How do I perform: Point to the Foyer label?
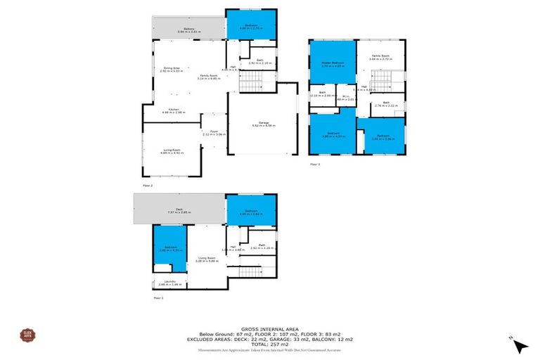coord(212,131)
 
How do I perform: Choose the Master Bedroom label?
coord(330,64)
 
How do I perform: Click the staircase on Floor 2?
coord(250,85)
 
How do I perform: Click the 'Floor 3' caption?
coord(315,165)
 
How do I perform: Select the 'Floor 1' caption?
coord(158,298)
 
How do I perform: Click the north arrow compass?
coord(520,345)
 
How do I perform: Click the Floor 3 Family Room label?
coord(380,57)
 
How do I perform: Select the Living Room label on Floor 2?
coord(173,150)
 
